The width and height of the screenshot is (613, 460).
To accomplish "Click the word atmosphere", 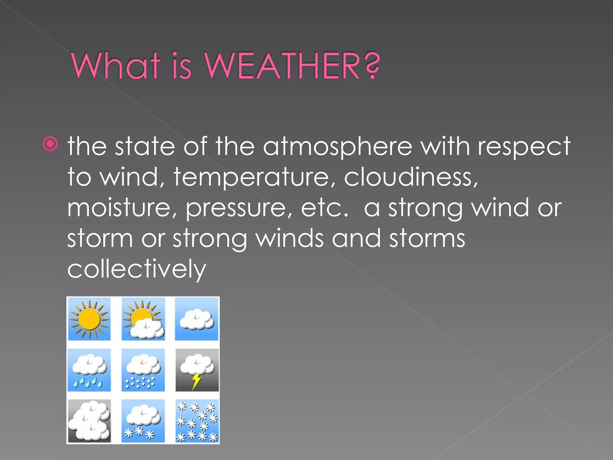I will point(337,147).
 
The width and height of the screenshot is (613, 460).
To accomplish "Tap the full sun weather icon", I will point(89,319).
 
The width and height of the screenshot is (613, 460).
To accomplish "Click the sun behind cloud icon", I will point(143,319).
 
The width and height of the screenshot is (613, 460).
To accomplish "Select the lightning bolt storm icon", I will point(197,370).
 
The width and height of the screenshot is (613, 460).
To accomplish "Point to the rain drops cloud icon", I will point(89,370).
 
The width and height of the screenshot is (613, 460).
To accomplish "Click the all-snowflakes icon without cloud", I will point(197,421).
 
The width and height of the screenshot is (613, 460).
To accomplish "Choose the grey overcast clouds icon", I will point(89,421).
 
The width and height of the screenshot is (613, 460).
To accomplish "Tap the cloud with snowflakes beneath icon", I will point(143,421).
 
